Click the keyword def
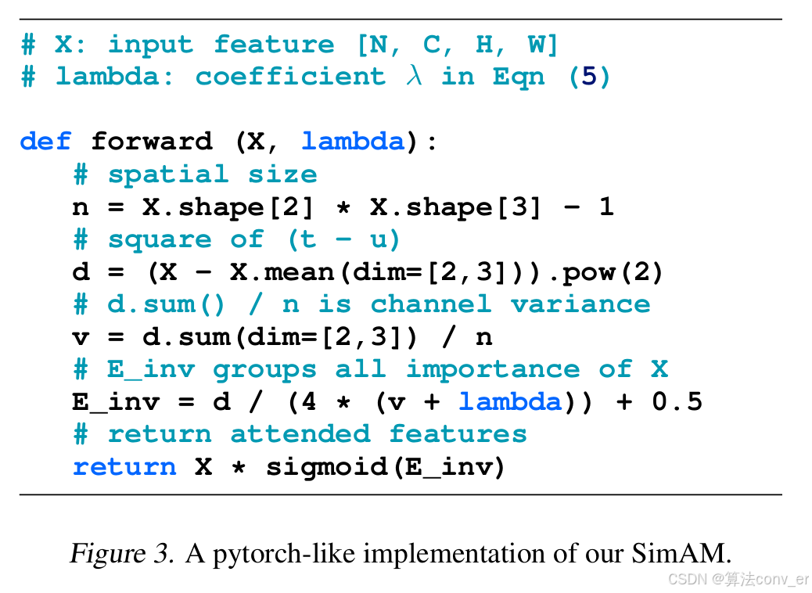[x=45, y=142]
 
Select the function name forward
[x=152, y=142]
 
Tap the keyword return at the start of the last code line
[x=124, y=467]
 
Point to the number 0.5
[x=677, y=402]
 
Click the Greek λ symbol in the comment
[x=413, y=77]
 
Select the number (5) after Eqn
[x=590, y=77]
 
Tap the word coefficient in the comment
[x=290, y=77]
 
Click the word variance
[x=580, y=304]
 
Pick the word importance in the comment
[x=493, y=369]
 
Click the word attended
[x=300, y=434]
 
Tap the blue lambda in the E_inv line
[x=510, y=402]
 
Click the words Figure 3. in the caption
[x=121, y=554]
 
